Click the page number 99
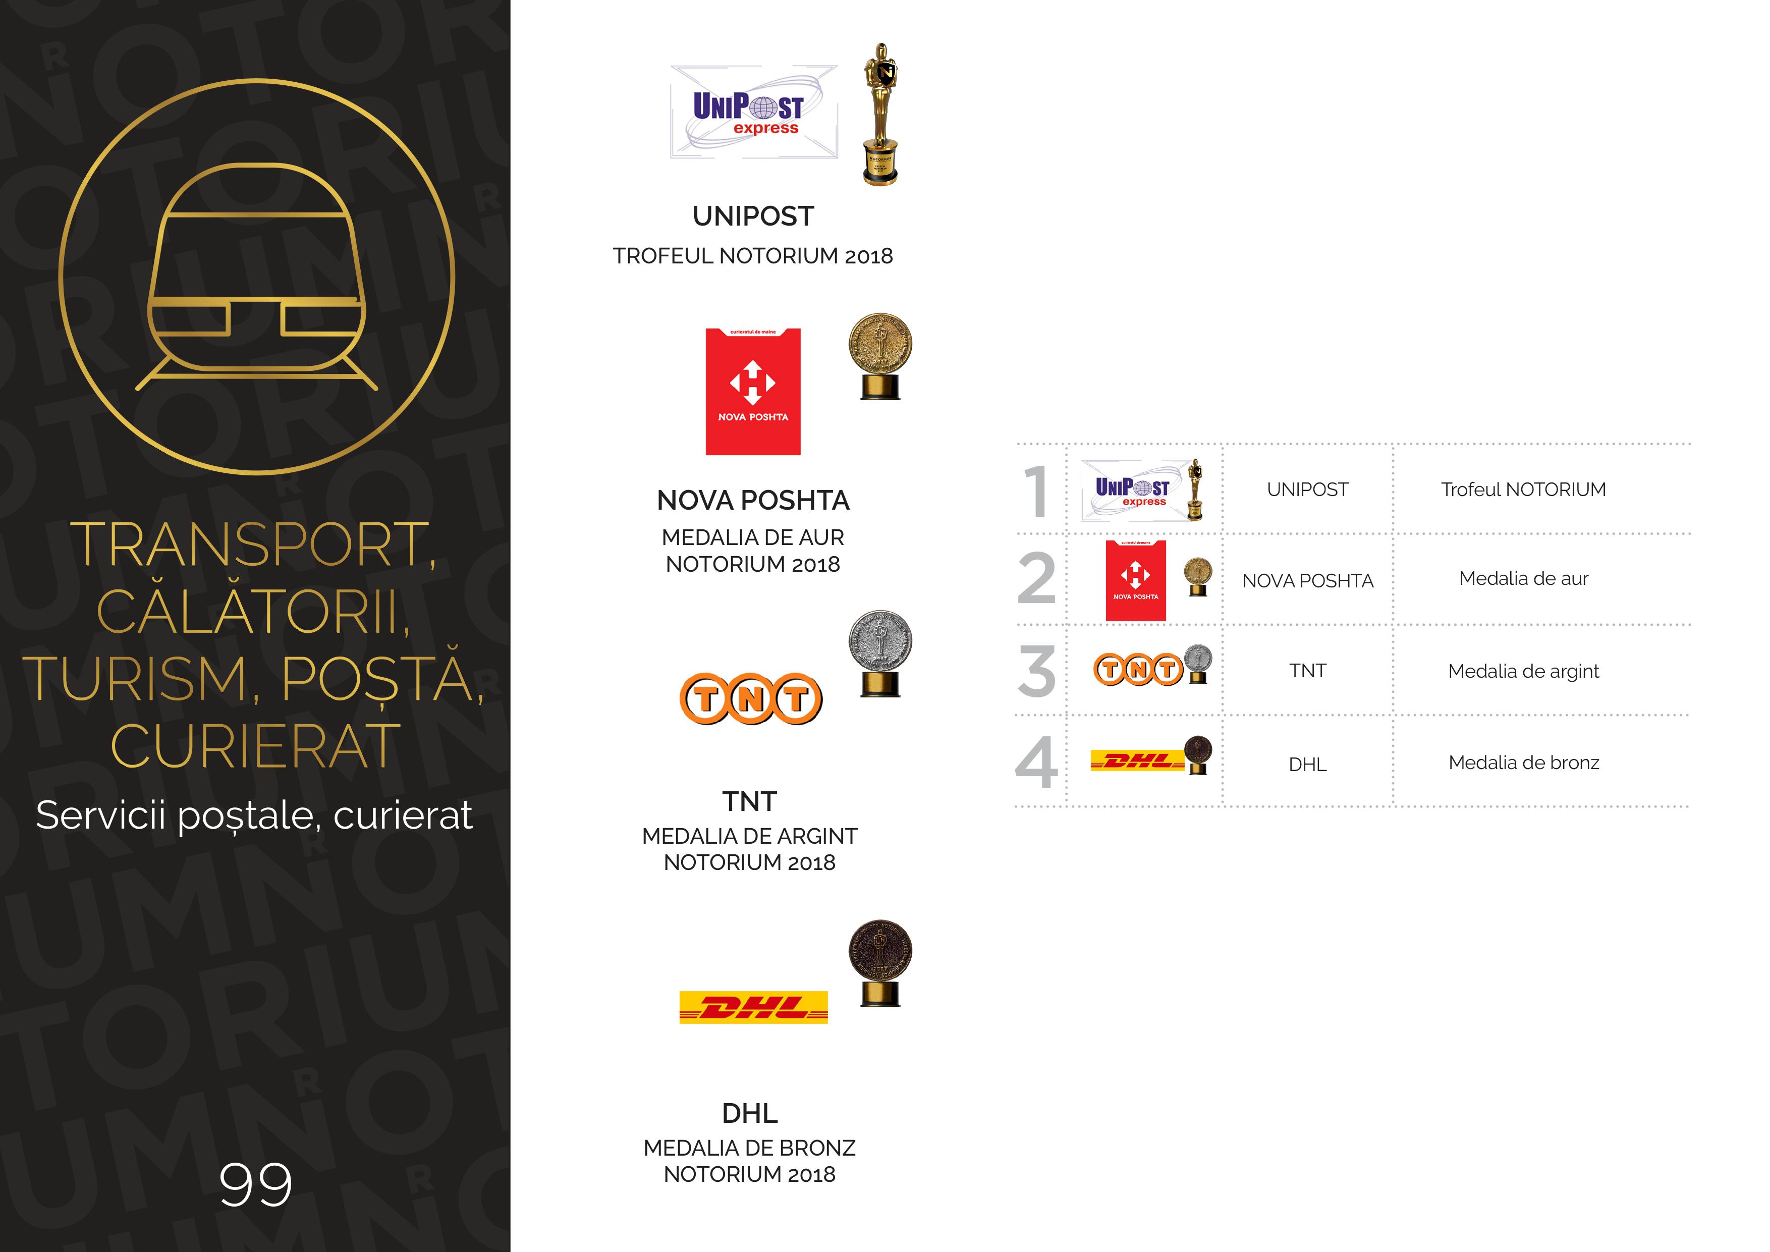point(255,1184)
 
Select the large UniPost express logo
point(753,113)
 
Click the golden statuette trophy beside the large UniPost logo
point(880,114)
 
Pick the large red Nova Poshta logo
point(753,392)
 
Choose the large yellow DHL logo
point(753,1007)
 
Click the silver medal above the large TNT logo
point(880,654)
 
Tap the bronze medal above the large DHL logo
point(880,963)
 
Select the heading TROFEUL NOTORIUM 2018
point(752,256)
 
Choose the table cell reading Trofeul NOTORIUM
point(1523,489)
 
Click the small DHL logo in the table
point(1137,761)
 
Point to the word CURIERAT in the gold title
point(255,746)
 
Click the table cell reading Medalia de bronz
point(1523,763)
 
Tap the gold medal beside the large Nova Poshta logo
point(880,356)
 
